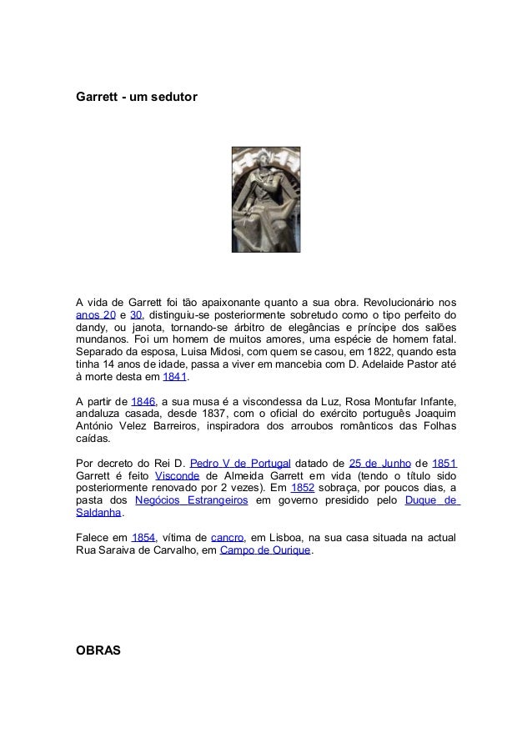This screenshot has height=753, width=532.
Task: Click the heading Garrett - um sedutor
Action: [137, 98]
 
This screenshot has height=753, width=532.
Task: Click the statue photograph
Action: [265, 199]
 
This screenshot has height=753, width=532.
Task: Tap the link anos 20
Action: [95, 316]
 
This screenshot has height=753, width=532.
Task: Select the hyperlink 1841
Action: [174, 376]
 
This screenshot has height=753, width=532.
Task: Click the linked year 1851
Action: [444, 464]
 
